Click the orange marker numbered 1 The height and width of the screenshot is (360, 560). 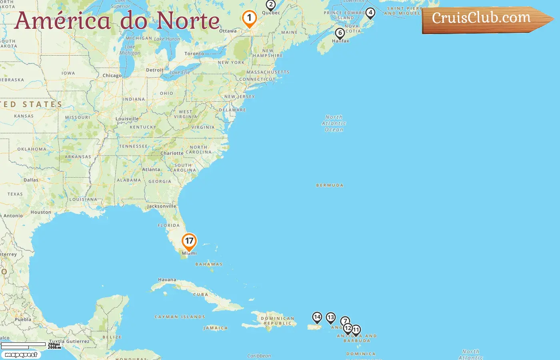point(249,18)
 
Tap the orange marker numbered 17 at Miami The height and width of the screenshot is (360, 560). point(189,241)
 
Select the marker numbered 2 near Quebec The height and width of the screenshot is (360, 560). point(271,5)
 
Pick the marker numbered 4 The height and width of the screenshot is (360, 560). point(370,13)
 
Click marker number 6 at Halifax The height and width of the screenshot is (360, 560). point(340,33)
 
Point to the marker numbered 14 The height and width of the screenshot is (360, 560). point(317,318)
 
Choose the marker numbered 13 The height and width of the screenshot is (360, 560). point(330,318)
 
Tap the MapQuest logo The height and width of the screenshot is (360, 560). point(21,355)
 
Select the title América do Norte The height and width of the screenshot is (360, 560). point(117,20)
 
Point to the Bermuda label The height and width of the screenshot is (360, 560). point(330,186)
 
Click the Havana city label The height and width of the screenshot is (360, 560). point(167,280)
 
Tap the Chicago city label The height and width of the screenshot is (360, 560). point(112,76)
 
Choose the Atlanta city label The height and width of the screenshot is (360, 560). point(151,170)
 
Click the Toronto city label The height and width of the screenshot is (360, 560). point(194,54)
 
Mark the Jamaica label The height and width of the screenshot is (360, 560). point(215,328)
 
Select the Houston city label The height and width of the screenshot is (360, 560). point(41,212)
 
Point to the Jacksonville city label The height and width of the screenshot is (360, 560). point(162,206)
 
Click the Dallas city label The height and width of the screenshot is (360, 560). point(31,180)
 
